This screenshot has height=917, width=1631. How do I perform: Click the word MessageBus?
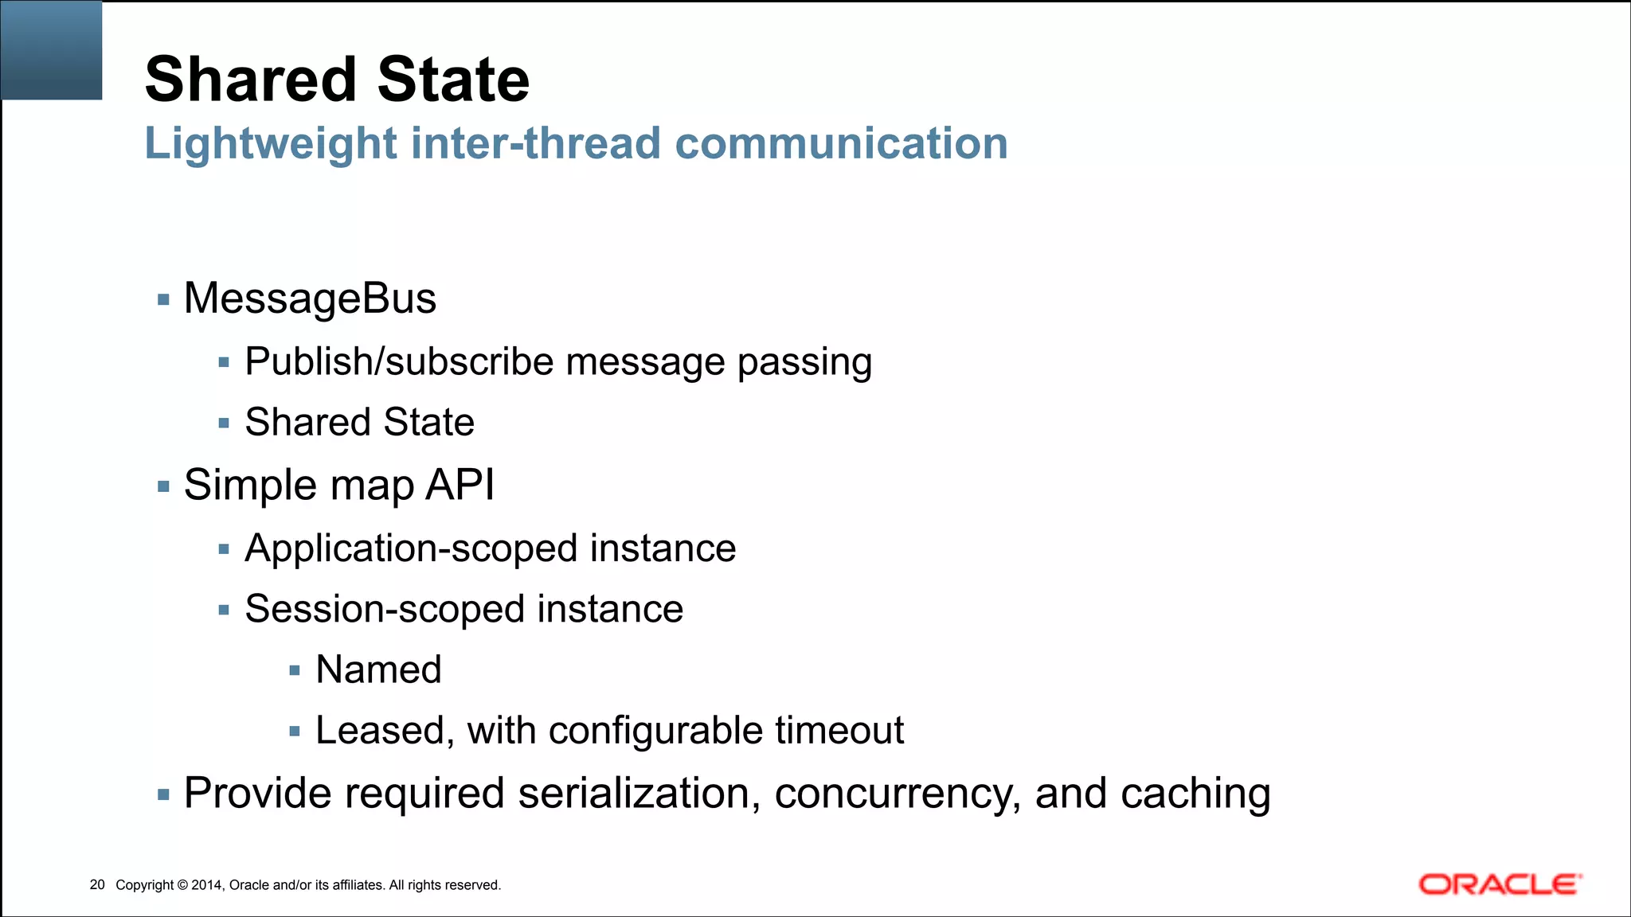(x=310, y=299)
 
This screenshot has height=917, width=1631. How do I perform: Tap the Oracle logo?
(x=1500, y=884)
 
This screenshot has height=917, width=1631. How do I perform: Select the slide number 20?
(x=97, y=884)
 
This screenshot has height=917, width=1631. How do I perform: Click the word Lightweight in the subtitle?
(x=271, y=144)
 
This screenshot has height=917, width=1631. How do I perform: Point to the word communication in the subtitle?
(x=841, y=144)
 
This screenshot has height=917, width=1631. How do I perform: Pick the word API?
(x=460, y=485)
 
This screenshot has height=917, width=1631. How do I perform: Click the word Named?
(x=378, y=669)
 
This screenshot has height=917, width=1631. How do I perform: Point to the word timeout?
(x=839, y=731)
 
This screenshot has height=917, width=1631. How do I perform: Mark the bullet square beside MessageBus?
(x=164, y=300)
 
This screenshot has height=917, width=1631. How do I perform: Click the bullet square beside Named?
(x=295, y=671)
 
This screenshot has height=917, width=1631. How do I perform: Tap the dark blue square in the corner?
(x=51, y=49)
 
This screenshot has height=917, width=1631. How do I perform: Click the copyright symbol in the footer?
(x=182, y=885)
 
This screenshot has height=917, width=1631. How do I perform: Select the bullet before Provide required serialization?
(x=164, y=794)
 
